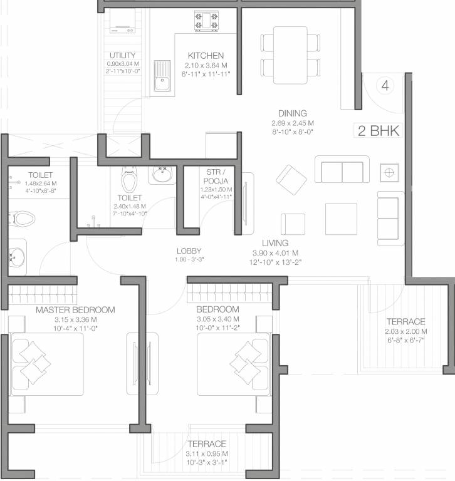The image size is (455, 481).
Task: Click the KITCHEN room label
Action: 205,56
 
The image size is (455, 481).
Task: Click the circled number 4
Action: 385,86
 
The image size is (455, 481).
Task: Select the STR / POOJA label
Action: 216,175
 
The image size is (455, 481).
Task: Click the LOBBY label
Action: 188,251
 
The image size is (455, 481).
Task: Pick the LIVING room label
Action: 275,242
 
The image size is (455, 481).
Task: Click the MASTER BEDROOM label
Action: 75,310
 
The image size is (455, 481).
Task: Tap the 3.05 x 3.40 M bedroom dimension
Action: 217,319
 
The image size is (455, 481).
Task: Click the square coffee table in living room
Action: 340,218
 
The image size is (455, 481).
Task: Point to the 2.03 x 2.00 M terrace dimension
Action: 405,331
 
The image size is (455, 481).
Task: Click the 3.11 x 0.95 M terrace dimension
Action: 207,453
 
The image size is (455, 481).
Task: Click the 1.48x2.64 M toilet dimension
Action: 40,184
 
